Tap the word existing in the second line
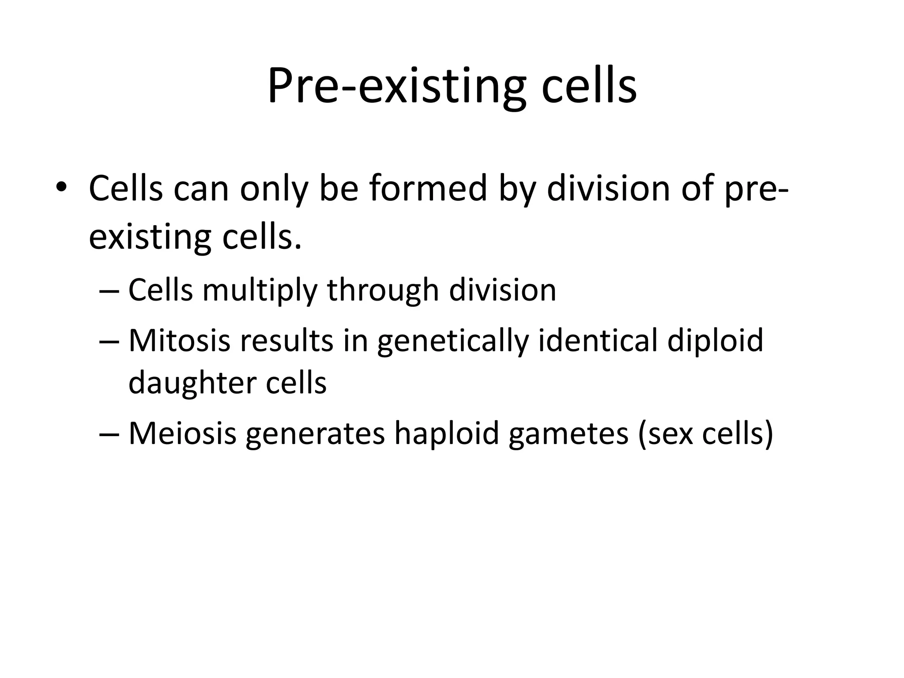pyautogui.click(x=150, y=237)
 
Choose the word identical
pyautogui.click(x=599, y=341)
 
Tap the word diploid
pyautogui.click(x=715, y=341)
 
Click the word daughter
pyautogui.click(x=190, y=383)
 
